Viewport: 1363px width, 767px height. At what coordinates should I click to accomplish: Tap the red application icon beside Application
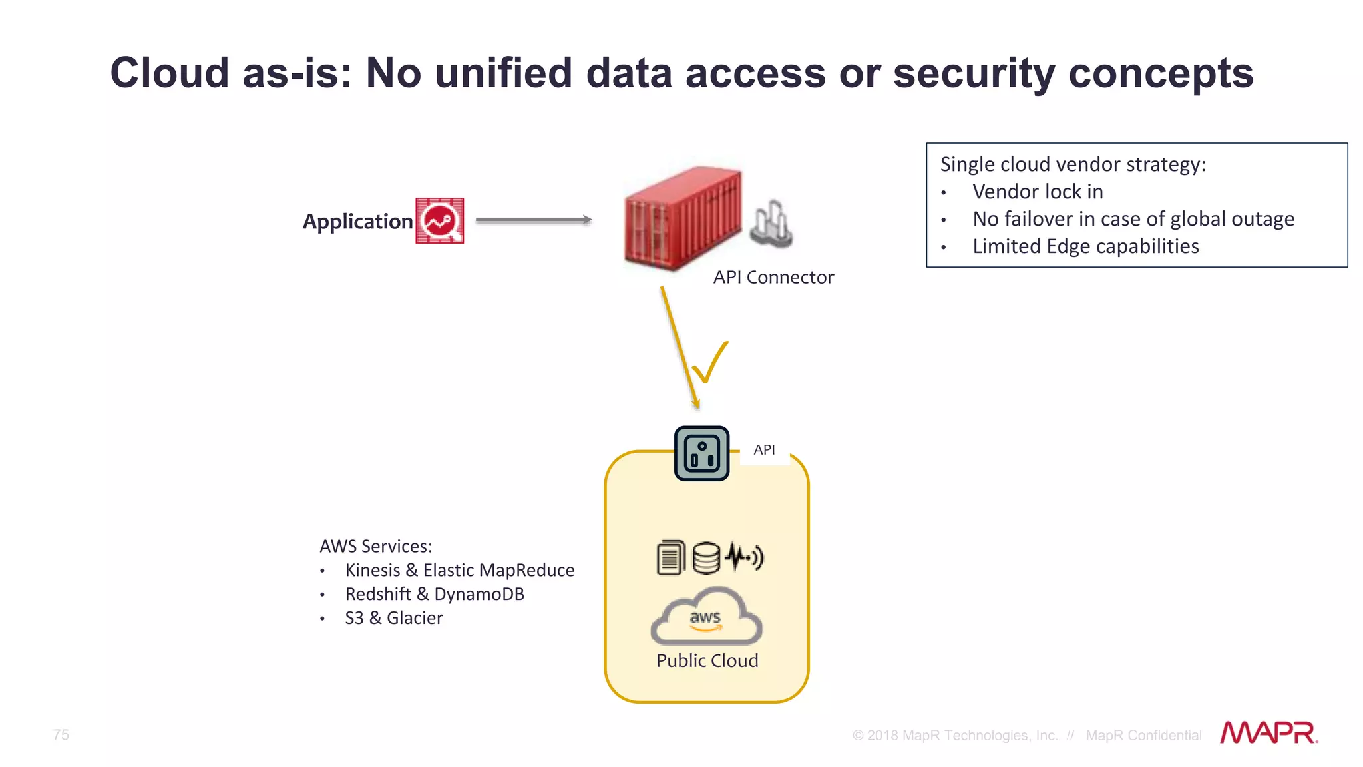tap(439, 220)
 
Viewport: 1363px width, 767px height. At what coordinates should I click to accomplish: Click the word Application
tap(357, 222)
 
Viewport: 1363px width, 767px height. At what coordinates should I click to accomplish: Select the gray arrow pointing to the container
tap(533, 220)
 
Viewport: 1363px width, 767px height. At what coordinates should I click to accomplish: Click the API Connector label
tap(773, 277)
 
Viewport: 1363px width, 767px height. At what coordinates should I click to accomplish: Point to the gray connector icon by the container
tap(771, 224)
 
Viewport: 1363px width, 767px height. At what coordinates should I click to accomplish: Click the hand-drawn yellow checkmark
tap(710, 363)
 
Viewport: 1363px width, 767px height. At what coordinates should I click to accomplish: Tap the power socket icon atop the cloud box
tap(701, 453)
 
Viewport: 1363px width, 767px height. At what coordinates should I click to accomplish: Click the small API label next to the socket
tap(764, 450)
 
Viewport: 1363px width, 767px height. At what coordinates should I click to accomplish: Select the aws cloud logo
tap(706, 617)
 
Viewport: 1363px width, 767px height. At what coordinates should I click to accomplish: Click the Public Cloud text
tap(707, 660)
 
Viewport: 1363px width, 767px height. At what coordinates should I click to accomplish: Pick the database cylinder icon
tap(706, 558)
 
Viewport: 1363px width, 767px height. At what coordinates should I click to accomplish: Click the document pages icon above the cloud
tap(670, 558)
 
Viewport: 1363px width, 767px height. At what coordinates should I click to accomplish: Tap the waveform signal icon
tap(744, 557)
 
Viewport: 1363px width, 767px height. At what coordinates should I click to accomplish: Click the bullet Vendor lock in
tap(1037, 192)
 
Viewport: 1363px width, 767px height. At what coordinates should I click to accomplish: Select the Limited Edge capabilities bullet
tap(1085, 246)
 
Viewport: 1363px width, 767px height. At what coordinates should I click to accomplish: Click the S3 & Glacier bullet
tap(393, 618)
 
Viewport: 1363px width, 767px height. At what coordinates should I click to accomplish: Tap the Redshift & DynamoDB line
tap(434, 594)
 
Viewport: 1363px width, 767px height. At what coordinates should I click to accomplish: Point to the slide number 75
tap(61, 734)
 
